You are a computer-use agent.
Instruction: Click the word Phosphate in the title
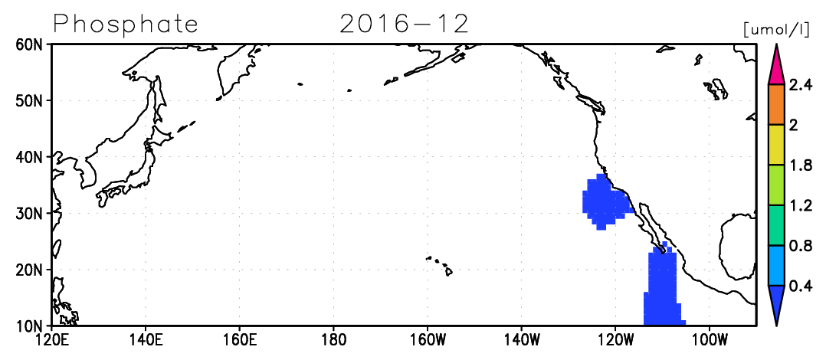pyautogui.click(x=126, y=25)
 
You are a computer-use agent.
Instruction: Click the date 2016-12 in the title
pyautogui.click(x=404, y=24)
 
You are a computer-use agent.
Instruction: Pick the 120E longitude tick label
pyautogui.click(x=51, y=337)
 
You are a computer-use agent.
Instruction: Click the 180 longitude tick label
pyautogui.click(x=333, y=337)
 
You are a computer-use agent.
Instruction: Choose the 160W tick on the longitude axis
pyautogui.click(x=427, y=337)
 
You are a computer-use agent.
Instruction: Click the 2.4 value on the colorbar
pyautogui.click(x=798, y=85)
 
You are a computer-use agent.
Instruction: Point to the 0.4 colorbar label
pyautogui.click(x=798, y=286)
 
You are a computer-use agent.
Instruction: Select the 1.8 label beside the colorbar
pyautogui.click(x=798, y=165)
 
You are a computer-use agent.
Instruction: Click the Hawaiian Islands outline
pyautogui.click(x=441, y=266)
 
